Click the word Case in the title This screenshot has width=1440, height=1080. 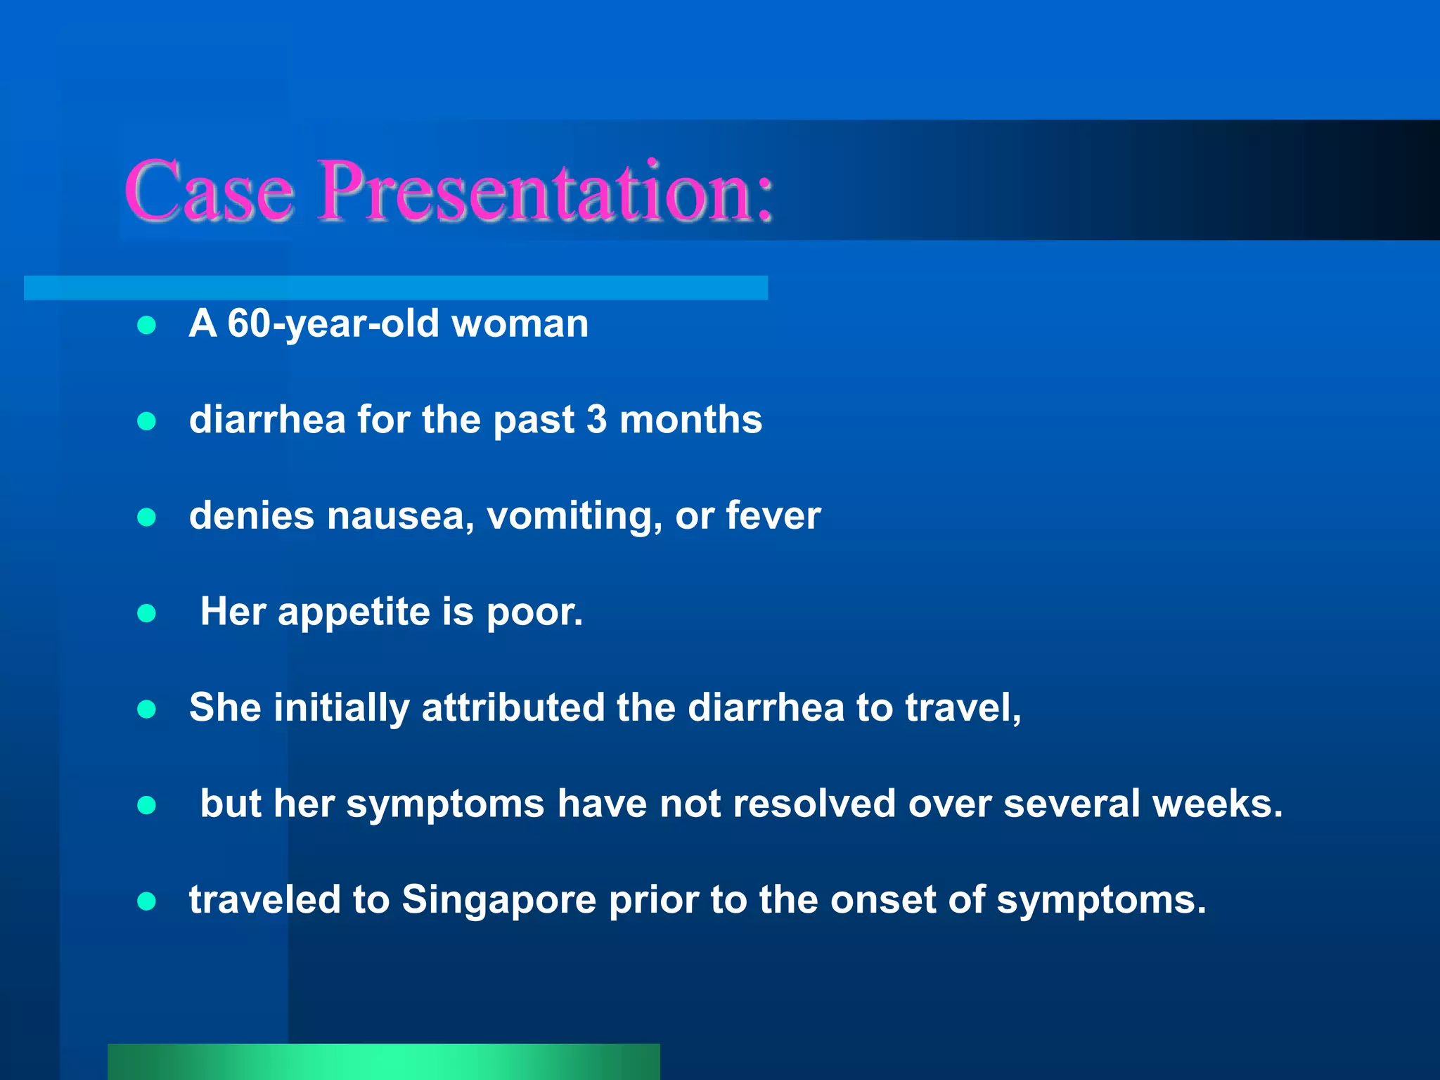pyautogui.click(x=209, y=191)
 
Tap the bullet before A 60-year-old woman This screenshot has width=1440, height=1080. pyautogui.click(x=146, y=326)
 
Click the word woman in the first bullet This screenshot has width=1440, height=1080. pyautogui.click(x=519, y=324)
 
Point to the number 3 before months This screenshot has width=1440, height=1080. pyautogui.click(x=596, y=420)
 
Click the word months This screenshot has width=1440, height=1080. pyautogui.click(x=690, y=420)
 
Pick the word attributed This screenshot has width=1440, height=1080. pyautogui.click(x=513, y=707)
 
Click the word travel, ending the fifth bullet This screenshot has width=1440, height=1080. pyautogui.click(x=963, y=707)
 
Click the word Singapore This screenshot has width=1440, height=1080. pyautogui.click(x=499, y=900)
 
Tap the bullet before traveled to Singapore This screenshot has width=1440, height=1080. pyautogui.click(x=146, y=901)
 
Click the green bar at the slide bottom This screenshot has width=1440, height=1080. pyautogui.click(x=383, y=1062)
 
